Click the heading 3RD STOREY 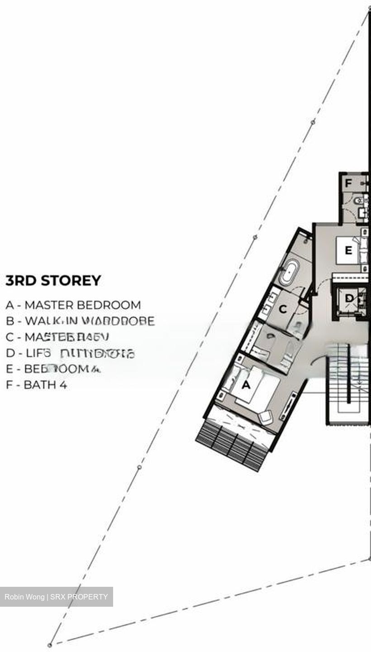click(x=53, y=281)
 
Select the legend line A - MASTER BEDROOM click(x=73, y=305)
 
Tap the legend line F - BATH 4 click(x=36, y=385)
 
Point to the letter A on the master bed click(x=246, y=385)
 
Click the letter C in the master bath click(x=283, y=310)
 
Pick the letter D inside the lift click(x=349, y=299)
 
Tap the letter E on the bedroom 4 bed click(x=348, y=250)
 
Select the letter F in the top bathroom click(x=348, y=183)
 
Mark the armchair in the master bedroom click(x=266, y=417)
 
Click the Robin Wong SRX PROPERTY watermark click(x=56, y=597)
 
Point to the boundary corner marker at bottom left click(x=51, y=644)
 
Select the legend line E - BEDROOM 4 click(x=52, y=369)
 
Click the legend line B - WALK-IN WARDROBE click(x=80, y=321)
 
